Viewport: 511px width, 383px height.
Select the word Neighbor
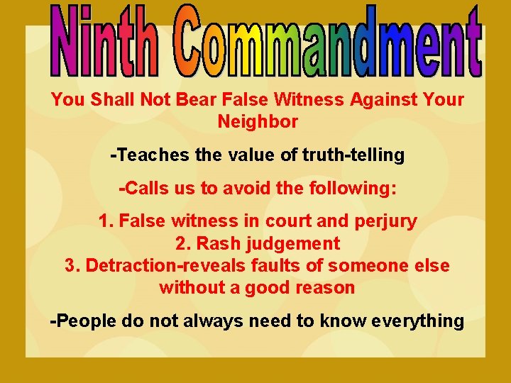click(258, 121)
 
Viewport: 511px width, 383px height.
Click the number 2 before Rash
click(181, 243)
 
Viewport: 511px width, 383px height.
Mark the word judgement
click(295, 243)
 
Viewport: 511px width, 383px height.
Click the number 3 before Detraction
click(70, 265)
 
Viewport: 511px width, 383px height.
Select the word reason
click(325, 287)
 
